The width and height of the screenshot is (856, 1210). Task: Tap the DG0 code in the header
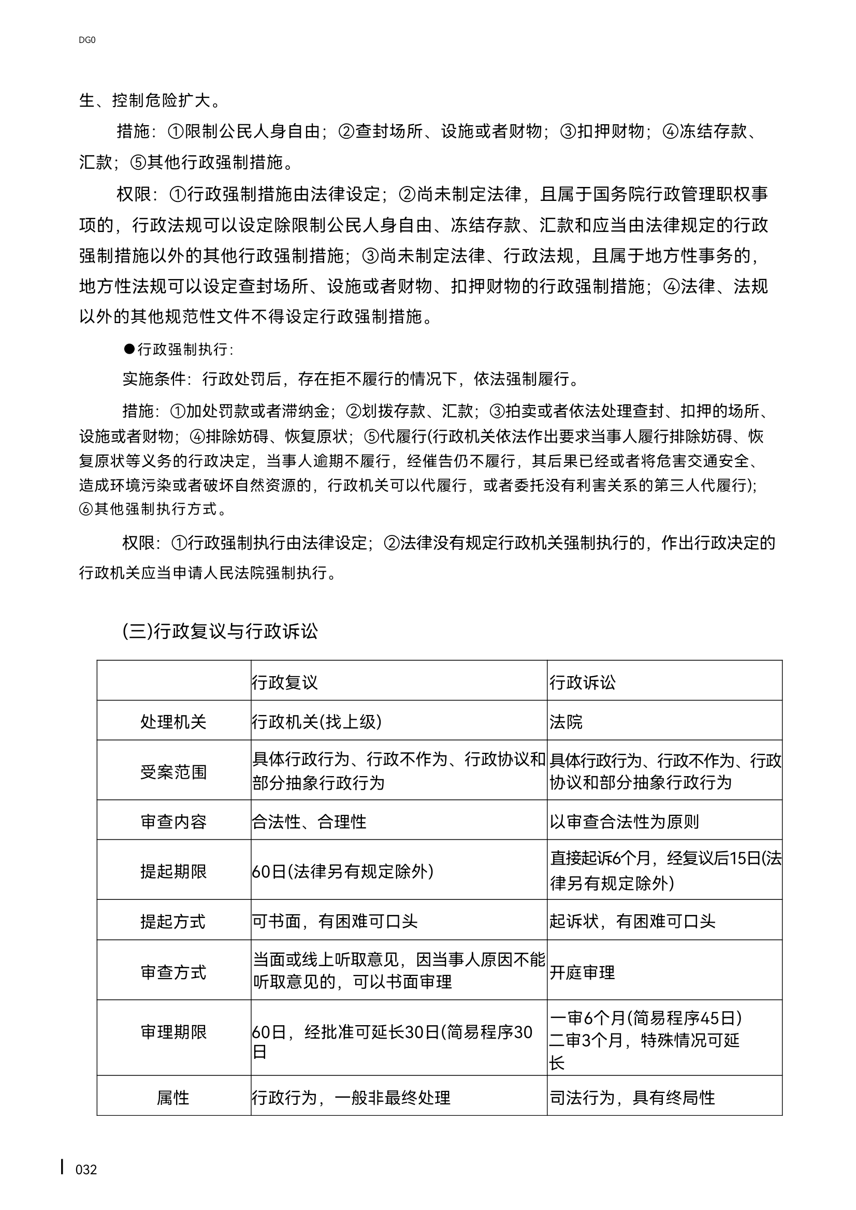coord(87,40)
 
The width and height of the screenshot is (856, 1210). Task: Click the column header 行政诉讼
coord(583,682)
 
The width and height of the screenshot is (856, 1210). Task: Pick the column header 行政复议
coord(285,682)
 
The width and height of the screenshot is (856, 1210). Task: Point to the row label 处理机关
coord(173,721)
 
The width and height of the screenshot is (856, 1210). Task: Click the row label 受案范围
coord(173,772)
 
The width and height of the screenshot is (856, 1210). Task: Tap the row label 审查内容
coord(173,822)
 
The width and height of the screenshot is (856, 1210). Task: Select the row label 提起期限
coord(173,871)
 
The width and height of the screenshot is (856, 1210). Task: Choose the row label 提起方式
coord(173,921)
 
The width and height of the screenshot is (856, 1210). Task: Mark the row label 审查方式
coord(173,972)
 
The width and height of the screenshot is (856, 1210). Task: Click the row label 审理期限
coord(173,1031)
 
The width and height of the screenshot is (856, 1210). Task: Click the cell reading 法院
coord(566,721)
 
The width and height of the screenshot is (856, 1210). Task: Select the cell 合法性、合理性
coord(309,822)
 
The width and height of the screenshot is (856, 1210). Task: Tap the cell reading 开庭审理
coord(583,972)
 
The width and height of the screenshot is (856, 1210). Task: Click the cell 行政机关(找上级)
coord(317,721)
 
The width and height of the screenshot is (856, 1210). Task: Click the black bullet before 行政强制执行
coord(129,348)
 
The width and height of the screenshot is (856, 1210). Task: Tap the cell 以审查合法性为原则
coord(624,822)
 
